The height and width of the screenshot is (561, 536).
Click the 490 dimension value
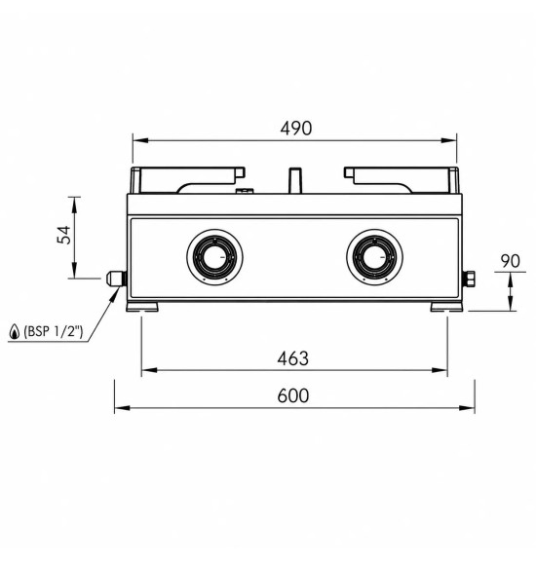[295, 129]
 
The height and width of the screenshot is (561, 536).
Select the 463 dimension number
[292, 358]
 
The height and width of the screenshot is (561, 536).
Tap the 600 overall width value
[293, 396]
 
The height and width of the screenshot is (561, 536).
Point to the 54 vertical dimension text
[64, 235]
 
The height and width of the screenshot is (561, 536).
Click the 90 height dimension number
[511, 261]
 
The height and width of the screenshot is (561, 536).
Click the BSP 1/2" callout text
[53, 332]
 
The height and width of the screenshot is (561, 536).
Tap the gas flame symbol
[14, 332]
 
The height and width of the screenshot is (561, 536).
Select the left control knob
[214, 257]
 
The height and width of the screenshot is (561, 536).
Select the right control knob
[374, 257]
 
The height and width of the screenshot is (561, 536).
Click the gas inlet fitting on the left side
[116, 279]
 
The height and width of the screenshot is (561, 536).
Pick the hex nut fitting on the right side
[469, 280]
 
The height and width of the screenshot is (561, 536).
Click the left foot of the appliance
[142, 307]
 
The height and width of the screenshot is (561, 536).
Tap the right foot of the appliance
[446, 307]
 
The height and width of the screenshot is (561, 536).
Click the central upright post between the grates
[295, 180]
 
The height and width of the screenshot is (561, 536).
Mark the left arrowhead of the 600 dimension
[122, 408]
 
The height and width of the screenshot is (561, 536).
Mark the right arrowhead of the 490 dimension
[449, 140]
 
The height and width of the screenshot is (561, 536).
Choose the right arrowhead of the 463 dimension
[440, 370]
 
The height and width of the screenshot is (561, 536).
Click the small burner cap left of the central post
[245, 191]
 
